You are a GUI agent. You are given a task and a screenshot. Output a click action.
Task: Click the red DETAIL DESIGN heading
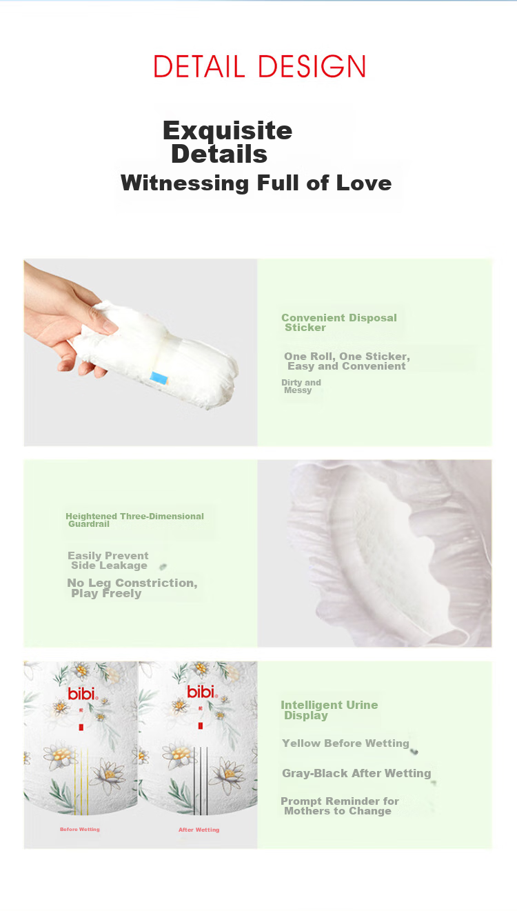point(259,66)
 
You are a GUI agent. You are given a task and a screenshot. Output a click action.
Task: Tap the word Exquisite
point(227,130)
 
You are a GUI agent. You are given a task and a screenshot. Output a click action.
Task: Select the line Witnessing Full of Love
point(256,183)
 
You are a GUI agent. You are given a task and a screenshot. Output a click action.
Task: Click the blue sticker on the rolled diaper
point(159,378)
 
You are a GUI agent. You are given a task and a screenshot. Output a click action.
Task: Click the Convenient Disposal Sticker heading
point(339,323)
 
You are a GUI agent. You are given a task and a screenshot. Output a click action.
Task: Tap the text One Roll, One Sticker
point(347,357)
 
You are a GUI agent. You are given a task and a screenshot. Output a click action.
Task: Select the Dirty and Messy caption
point(301,386)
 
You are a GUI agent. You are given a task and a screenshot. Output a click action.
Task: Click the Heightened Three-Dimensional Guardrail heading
point(134,520)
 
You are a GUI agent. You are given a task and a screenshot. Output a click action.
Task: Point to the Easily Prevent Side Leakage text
point(108,561)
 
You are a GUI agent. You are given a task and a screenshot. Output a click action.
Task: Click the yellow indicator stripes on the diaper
point(81,781)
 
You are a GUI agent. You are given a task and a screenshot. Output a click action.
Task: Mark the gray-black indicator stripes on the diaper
point(201,781)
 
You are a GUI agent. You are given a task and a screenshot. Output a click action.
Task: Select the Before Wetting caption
point(80,829)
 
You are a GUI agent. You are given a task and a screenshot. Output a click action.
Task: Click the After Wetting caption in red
point(199,830)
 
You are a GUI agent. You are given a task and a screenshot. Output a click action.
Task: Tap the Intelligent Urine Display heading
point(330,710)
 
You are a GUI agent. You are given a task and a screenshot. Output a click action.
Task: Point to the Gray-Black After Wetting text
point(356,773)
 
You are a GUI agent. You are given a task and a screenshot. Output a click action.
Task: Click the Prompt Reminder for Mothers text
point(340,806)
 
